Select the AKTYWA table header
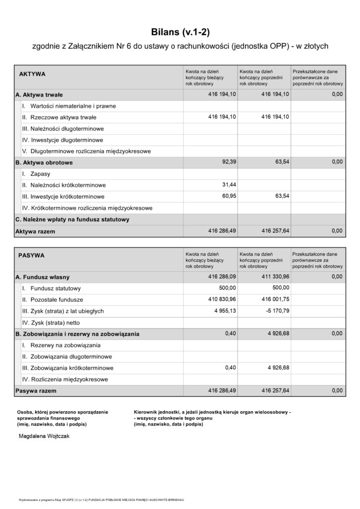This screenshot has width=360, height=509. (32, 74)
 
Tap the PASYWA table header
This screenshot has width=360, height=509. (31, 255)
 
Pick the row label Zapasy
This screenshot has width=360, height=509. (40, 174)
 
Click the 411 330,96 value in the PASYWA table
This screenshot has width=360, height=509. (273, 276)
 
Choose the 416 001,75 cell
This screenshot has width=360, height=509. (273, 299)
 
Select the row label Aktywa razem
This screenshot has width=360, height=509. (35, 231)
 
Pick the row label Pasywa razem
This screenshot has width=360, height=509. (36, 391)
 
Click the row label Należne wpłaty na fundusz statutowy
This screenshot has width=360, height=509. (73, 219)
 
